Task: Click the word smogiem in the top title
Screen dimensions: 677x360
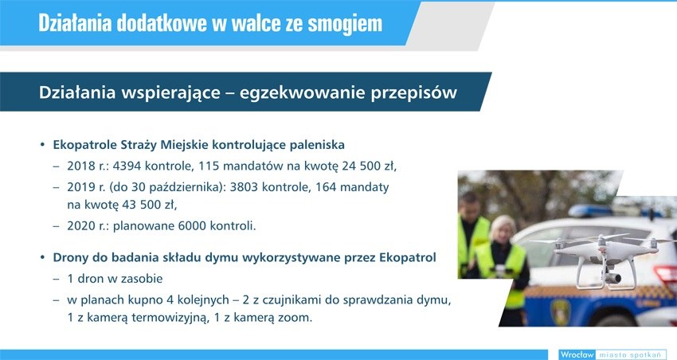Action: click(345, 23)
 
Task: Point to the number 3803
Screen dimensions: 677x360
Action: click(245, 187)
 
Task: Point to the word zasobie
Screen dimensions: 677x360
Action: click(142, 279)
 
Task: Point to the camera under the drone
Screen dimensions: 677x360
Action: click(612, 276)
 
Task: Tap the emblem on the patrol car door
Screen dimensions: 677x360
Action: click(561, 309)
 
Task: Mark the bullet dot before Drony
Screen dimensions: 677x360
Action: click(42, 258)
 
